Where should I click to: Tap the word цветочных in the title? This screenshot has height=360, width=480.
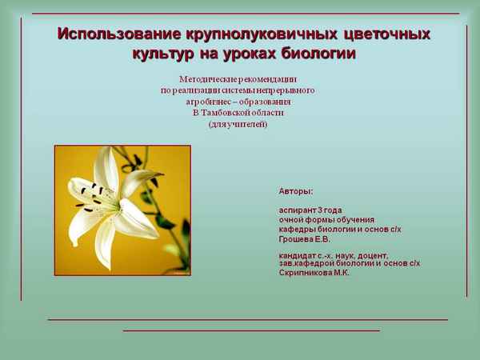click(386, 35)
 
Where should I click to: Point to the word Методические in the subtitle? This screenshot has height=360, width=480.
click(210, 80)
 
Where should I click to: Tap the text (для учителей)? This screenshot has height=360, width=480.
click(238, 125)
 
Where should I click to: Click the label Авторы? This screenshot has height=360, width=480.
click(296, 192)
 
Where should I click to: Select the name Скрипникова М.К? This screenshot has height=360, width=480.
click(314, 273)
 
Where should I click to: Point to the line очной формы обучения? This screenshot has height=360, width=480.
click(326, 220)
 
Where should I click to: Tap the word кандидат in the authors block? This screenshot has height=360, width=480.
click(297, 255)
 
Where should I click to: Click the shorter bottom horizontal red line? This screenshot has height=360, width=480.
click(250, 330)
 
